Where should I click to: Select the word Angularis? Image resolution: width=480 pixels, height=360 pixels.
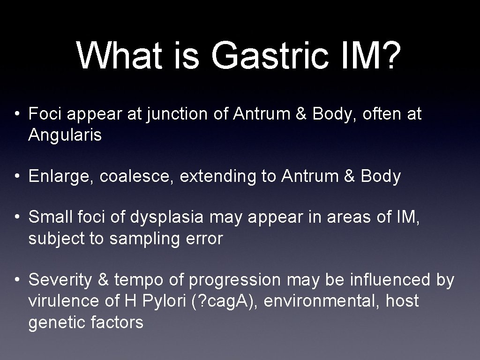(65, 135)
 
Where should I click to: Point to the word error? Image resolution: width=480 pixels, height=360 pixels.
(205, 239)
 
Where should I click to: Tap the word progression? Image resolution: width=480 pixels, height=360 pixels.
(235, 280)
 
